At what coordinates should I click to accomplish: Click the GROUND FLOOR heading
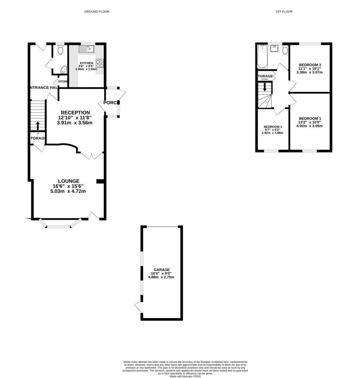tap(97, 12)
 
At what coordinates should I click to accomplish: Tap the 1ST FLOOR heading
tap(284, 12)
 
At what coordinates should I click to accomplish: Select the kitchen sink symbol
tap(87, 49)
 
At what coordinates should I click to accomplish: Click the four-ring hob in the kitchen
tap(100, 63)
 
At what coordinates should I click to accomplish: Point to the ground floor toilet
tap(61, 49)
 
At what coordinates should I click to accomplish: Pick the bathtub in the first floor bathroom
tap(262, 56)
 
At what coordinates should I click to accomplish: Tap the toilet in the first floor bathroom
tap(284, 49)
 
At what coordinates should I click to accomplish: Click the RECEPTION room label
tap(75, 113)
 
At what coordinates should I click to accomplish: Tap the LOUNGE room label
tap(68, 181)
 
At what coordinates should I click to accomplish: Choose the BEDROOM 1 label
tap(309, 118)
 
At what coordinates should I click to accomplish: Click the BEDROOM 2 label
tap(309, 65)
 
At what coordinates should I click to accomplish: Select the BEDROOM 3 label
tap(272, 127)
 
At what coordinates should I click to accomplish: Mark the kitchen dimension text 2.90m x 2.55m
tap(86, 69)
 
